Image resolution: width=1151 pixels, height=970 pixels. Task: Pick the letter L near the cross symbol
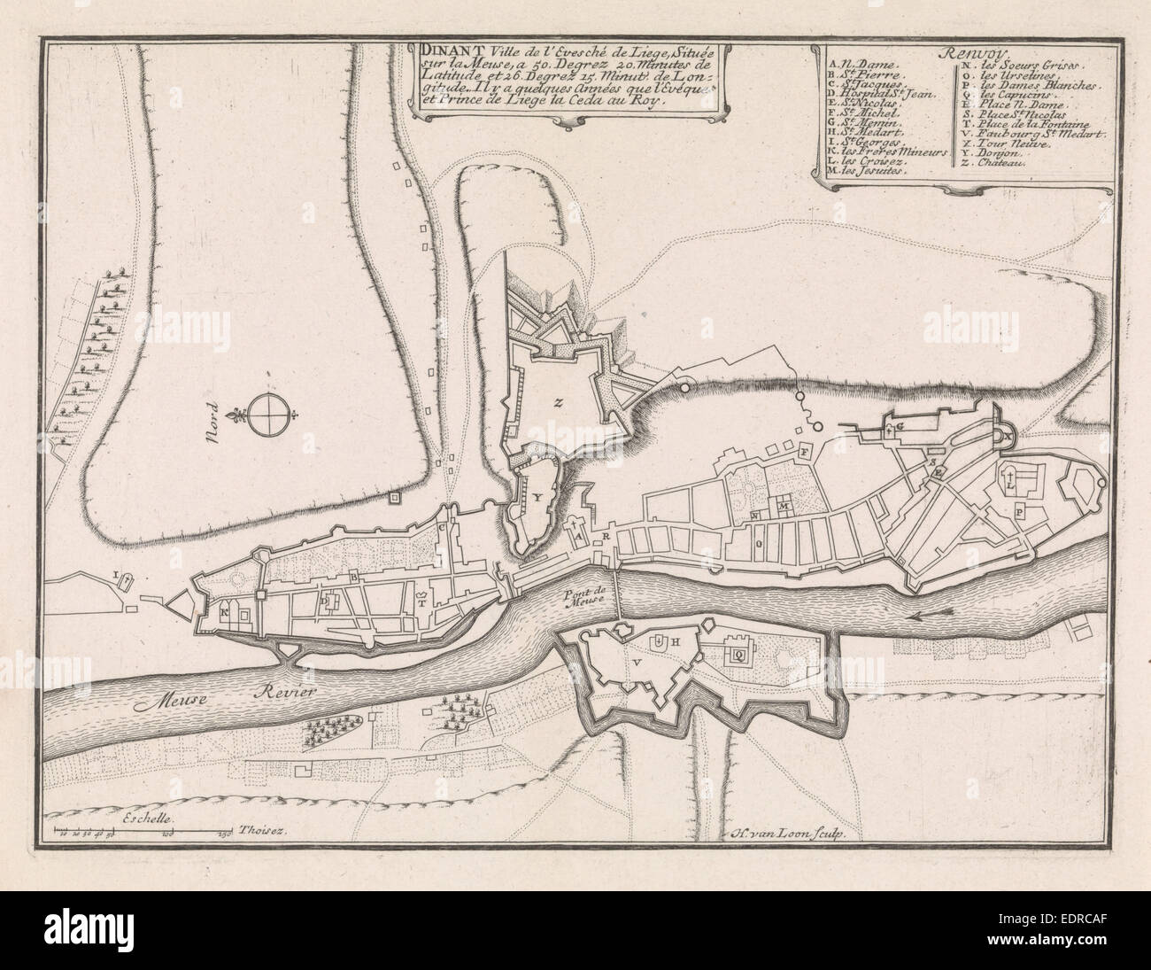[x=1010, y=485]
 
